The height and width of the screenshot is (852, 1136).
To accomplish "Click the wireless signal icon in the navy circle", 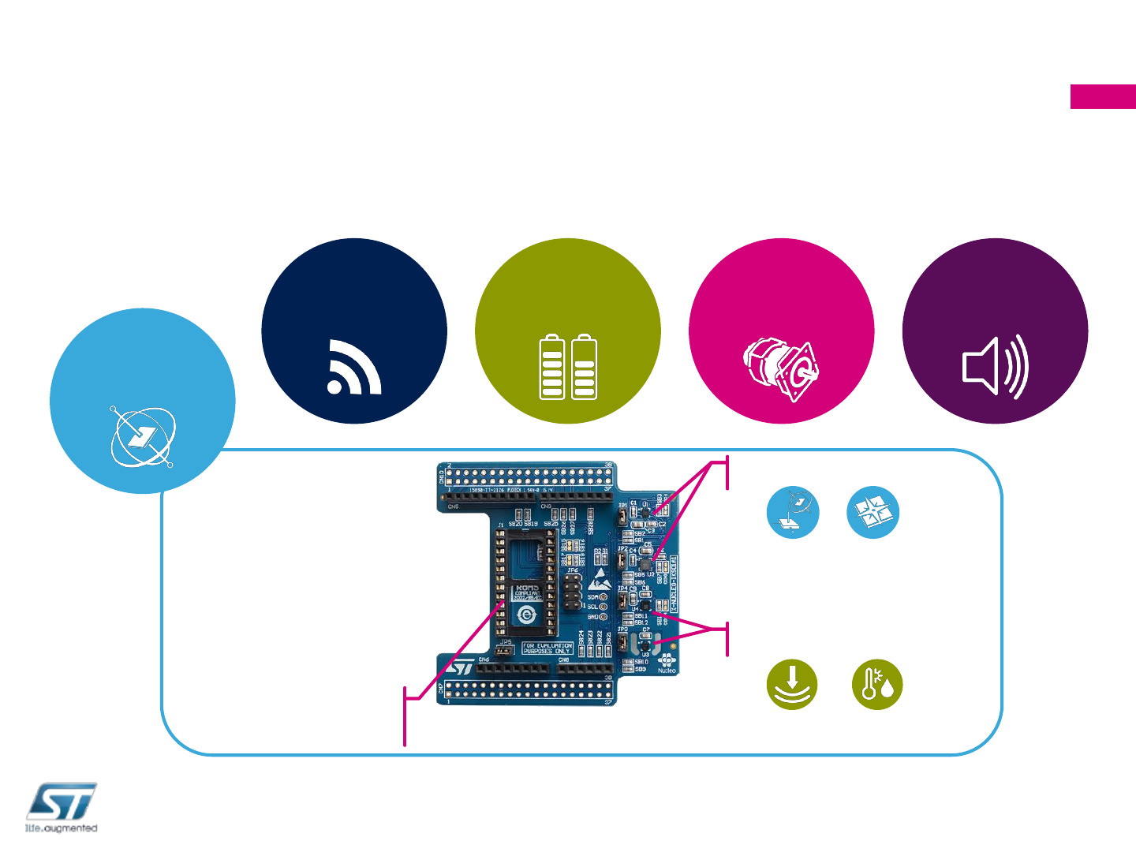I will [x=354, y=367].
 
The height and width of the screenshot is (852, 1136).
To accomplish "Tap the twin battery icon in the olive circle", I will [x=568, y=368].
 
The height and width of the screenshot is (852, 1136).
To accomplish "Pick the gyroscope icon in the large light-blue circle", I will [x=143, y=436].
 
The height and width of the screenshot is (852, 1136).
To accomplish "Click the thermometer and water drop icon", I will [x=877, y=684].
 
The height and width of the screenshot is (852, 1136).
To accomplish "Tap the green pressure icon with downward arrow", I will [x=792, y=684].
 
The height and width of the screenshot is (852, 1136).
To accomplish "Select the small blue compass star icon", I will [x=873, y=513].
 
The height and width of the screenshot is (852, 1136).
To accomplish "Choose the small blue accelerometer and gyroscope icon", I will [x=793, y=513].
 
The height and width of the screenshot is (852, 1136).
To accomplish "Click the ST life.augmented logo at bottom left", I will [x=62, y=807].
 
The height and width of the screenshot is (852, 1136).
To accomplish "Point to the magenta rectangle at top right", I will [x=1103, y=96].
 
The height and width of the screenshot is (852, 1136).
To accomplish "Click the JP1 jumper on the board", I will [x=622, y=517].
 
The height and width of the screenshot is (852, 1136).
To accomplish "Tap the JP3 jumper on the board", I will [x=623, y=644].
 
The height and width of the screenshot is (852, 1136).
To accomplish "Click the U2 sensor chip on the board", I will [x=645, y=565].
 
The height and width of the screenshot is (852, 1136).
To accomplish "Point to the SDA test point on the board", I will [x=603, y=597].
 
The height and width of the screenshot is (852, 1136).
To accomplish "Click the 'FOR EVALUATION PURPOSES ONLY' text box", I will [x=547, y=648].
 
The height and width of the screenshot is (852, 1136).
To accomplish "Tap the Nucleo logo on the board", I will [x=667, y=663].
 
